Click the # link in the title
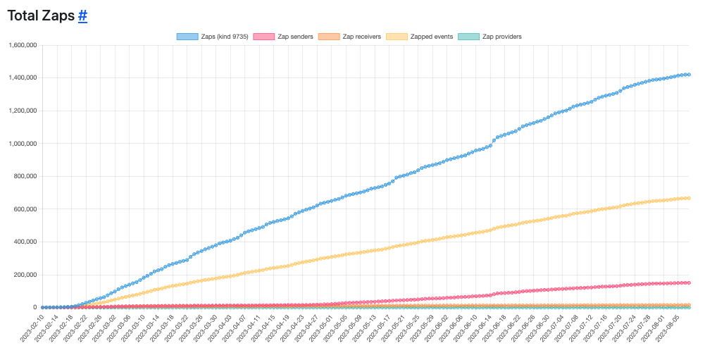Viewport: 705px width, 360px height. (82, 15)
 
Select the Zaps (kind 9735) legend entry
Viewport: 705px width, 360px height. (212, 36)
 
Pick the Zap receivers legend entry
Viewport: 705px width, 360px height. (350, 36)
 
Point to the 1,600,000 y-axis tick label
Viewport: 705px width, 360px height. (23, 45)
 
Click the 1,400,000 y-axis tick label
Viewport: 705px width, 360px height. (23, 78)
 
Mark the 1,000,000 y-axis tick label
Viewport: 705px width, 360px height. (23, 144)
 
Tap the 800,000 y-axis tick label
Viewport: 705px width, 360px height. (26, 176)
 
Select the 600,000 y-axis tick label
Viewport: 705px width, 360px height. (26, 209)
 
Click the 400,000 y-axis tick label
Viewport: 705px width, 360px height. (26, 242)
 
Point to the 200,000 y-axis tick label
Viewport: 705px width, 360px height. (26, 275)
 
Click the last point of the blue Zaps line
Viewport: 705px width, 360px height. (689, 75)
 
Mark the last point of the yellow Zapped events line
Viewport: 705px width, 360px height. (689, 198)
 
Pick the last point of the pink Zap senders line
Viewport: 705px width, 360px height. (689, 283)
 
